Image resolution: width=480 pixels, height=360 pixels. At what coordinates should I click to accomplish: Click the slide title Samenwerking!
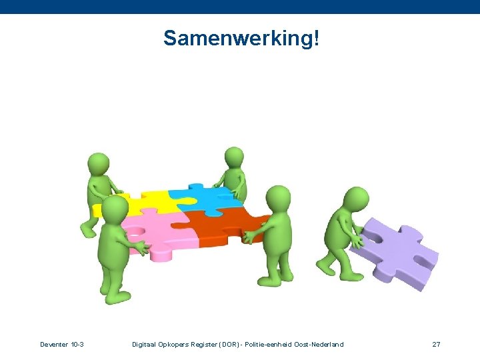click(241, 39)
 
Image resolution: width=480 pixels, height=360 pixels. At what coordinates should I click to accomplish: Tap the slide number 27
click(436, 344)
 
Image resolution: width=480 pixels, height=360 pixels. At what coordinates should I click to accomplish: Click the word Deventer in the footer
click(53, 344)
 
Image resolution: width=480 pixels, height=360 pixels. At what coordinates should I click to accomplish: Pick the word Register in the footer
click(207, 344)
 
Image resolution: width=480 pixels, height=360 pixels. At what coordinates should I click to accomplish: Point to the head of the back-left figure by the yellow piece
click(98, 163)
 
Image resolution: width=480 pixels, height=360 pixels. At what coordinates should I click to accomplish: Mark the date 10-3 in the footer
click(77, 344)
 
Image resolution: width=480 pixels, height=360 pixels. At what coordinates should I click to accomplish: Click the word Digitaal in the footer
click(146, 344)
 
